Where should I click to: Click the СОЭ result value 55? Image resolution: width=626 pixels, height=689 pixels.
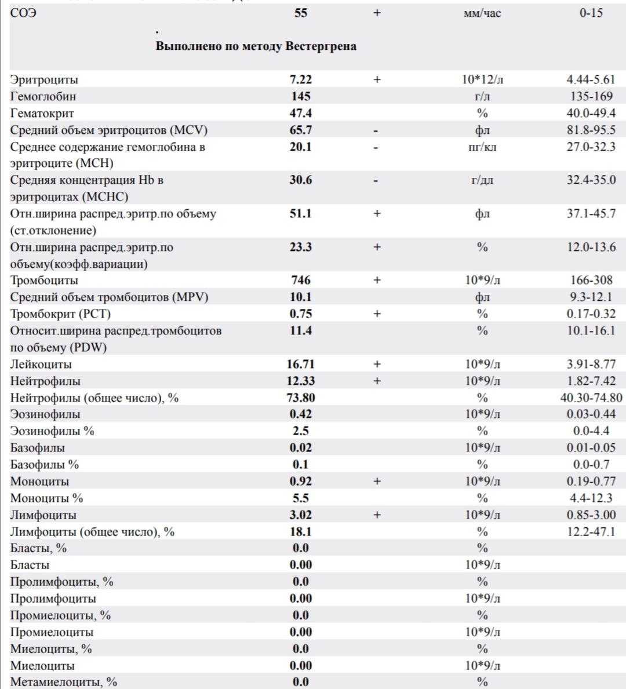tap(301, 13)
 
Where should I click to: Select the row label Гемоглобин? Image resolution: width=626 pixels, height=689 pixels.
tap(43, 96)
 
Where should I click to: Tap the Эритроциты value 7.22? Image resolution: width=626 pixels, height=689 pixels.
tap(301, 79)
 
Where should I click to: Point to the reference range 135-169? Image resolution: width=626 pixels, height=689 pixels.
tap(591, 96)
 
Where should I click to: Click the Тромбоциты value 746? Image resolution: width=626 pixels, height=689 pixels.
tap(301, 280)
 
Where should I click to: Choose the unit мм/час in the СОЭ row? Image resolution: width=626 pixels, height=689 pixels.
tap(482, 13)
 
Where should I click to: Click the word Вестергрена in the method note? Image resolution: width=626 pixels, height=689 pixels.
tap(321, 46)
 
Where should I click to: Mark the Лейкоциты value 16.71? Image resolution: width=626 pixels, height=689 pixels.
tap(301, 364)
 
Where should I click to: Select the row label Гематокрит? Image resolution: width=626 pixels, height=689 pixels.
tap(42, 114)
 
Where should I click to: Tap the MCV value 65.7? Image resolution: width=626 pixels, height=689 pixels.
tap(301, 130)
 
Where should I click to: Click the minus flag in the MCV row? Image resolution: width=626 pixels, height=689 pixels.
tap(376, 131)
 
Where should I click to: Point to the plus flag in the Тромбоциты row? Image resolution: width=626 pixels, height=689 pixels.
tap(377, 280)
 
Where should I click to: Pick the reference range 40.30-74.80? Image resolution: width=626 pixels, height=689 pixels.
tap(591, 398)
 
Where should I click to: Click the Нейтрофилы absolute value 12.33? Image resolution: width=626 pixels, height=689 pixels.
tap(301, 381)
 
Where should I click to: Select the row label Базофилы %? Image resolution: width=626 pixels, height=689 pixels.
tap(45, 465)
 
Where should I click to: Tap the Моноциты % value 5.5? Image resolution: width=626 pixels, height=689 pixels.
tap(301, 498)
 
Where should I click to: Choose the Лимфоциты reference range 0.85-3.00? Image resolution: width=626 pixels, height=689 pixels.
tap(591, 515)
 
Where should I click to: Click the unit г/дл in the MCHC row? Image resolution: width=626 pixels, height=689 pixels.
tap(482, 180)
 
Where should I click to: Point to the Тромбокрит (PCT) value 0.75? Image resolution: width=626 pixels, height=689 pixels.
tap(301, 313)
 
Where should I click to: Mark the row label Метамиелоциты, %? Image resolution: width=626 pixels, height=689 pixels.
tap(64, 682)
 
